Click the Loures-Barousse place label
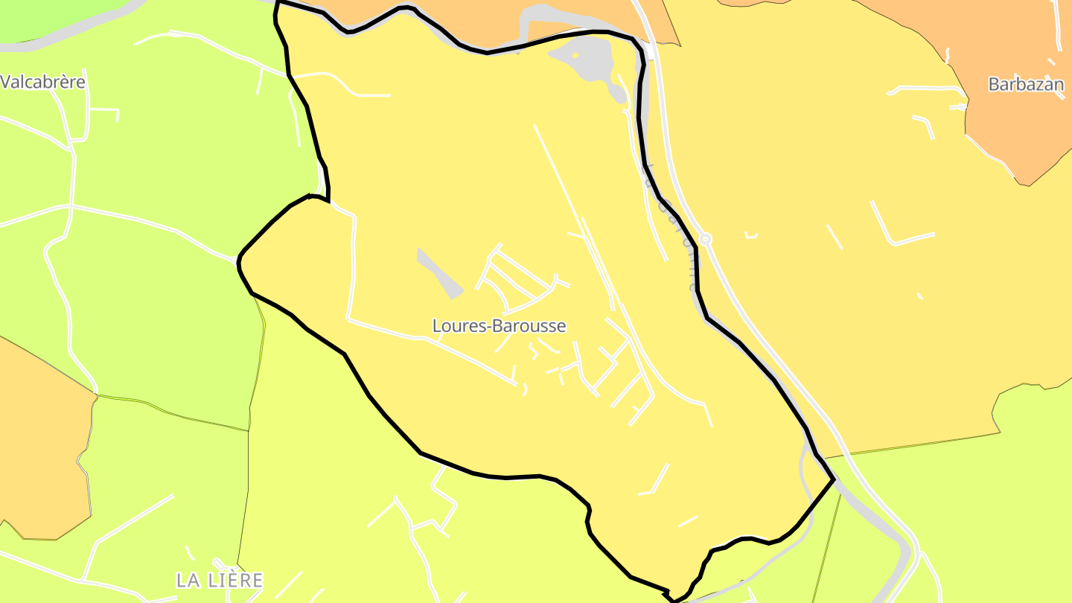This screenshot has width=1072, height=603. pos(499,326)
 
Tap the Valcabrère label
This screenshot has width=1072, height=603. pos(43,82)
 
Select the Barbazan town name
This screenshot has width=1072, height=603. pos(1026,84)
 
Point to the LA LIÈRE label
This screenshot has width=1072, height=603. pos(220,580)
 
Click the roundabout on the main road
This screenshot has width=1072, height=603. pos(705,239)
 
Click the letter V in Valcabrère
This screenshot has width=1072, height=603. pos(6,82)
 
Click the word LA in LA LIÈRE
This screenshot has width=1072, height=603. pos(186,580)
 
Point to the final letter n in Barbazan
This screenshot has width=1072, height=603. pos(1059,84)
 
